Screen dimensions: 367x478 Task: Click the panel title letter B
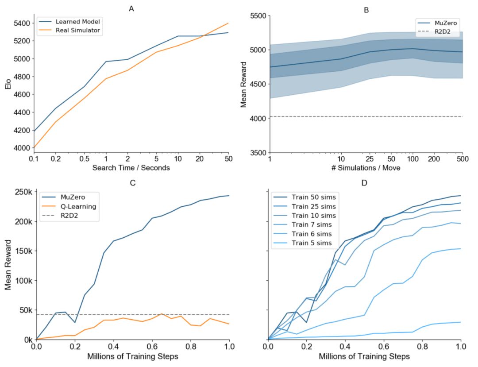point(366,9)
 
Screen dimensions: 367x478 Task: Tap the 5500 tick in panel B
point(255,16)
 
